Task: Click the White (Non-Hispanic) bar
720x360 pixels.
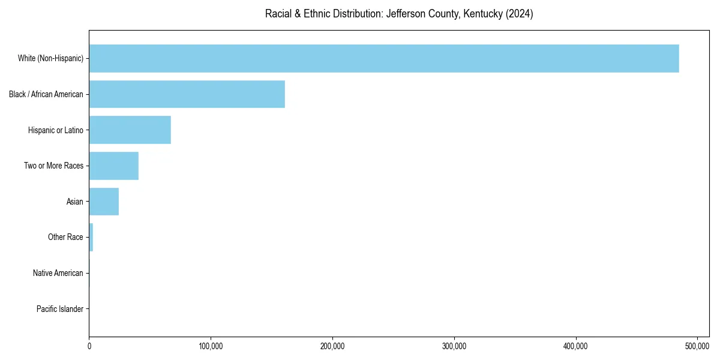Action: point(384,58)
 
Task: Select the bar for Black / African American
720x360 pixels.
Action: point(187,94)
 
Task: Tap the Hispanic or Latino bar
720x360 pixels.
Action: point(130,130)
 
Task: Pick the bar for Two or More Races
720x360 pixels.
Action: point(113,166)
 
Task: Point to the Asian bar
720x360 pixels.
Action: point(104,202)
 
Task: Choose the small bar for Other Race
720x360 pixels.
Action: point(91,237)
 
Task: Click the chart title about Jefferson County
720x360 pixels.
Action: point(399,14)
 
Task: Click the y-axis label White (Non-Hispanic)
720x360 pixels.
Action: point(50,59)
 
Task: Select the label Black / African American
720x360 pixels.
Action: point(46,94)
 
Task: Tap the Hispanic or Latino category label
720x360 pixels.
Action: point(56,130)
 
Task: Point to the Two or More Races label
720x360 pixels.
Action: point(54,166)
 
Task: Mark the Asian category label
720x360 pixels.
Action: point(75,202)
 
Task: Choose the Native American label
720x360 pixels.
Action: point(58,273)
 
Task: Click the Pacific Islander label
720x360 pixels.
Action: point(60,309)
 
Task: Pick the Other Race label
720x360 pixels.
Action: point(65,237)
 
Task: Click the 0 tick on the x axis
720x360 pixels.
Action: point(89,346)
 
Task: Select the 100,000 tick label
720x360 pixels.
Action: point(211,346)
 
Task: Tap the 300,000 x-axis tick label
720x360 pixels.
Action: point(454,346)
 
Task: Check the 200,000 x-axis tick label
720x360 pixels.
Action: point(332,346)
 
